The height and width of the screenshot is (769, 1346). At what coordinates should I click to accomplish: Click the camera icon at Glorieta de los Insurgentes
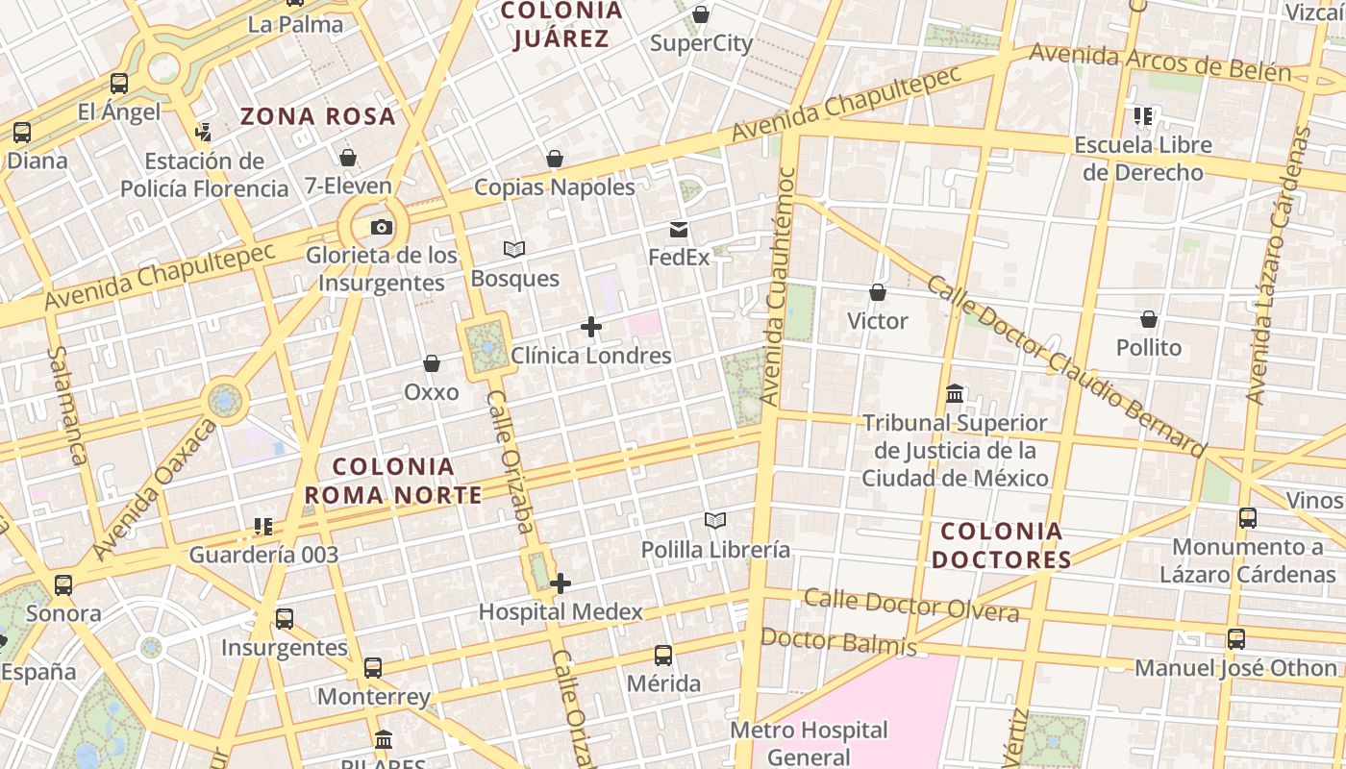click(x=382, y=228)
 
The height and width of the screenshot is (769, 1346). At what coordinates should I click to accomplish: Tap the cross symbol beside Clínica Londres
click(x=591, y=328)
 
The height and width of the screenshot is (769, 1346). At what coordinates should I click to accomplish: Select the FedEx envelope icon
click(x=679, y=230)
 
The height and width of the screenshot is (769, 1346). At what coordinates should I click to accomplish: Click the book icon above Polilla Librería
click(x=714, y=521)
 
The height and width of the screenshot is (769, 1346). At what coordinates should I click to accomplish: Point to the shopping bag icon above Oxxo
click(x=432, y=363)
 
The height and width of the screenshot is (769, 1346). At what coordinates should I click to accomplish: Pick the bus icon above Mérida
click(x=663, y=656)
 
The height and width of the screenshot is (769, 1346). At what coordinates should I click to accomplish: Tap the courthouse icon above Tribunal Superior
click(x=955, y=394)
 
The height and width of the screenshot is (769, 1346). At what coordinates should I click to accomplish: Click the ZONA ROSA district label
click(x=317, y=117)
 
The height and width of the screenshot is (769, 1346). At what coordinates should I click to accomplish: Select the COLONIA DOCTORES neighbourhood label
click(x=1001, y=545)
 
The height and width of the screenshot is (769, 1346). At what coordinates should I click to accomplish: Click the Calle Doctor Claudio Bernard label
click(x=1065, y=365)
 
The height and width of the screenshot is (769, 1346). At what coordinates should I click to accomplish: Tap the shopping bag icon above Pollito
click(x=1149, y=319)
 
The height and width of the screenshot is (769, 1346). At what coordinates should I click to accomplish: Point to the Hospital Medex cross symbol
click(x=561, y=583)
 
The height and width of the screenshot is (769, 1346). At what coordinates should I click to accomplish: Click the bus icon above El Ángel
click(x=119, y=84)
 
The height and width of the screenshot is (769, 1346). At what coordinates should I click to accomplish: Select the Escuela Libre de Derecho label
click(x=1142, y=159)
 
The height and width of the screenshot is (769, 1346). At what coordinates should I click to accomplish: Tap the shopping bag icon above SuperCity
click(x=701, y=14)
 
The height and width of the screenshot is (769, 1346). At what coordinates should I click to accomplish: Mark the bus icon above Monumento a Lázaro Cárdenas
click(x=1248, y=518)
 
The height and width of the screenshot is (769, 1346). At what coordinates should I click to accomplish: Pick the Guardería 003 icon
click(x=263, y=527)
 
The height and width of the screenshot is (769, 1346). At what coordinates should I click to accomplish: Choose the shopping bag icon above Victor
click(x=877, y=292)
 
